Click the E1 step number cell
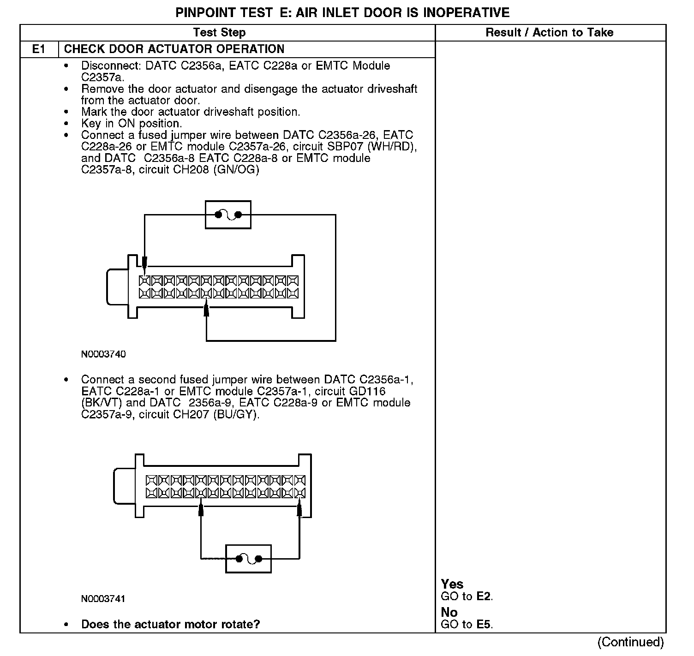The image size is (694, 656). click(39, 49)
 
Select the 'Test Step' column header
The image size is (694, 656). click(219, 32)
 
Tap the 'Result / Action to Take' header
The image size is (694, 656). click(549, 32)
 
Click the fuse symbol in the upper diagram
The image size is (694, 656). click(228, 215)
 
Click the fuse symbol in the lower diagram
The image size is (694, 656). click(248, 559)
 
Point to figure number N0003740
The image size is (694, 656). click(103, 354)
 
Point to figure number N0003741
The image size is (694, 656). click(103, 599)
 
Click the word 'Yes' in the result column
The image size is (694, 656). click(452, 584)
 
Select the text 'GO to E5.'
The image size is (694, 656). click(467, 625)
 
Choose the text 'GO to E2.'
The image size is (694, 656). click(467, 596)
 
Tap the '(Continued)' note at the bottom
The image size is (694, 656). click(630, 642)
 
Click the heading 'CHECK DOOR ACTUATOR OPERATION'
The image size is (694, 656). click(174, 49)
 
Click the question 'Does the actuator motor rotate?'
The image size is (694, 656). click(170, 625)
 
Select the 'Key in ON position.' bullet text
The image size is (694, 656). click(132, 124)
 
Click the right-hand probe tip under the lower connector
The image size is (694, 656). click(299, 509)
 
